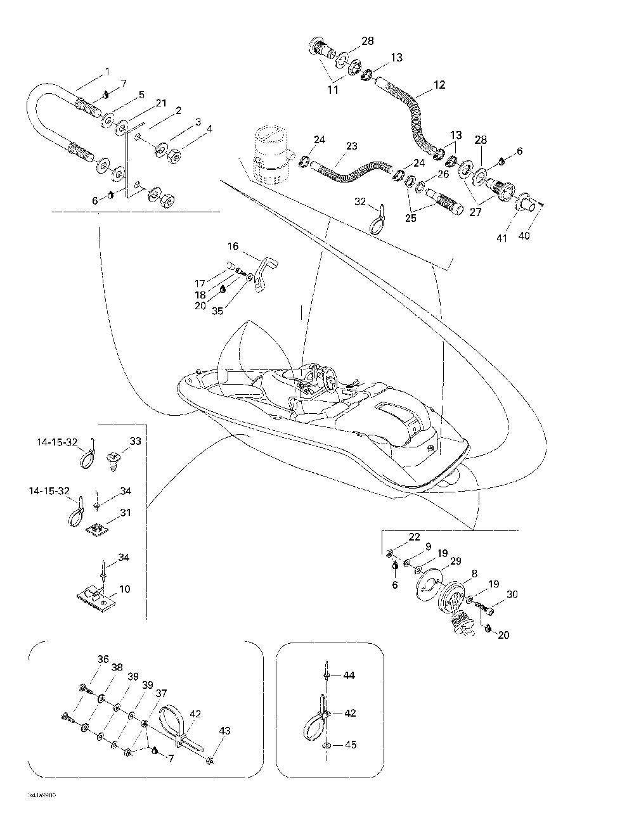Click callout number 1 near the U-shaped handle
(107, 71)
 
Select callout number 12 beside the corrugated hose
(439, 84)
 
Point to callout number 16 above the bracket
(233, 246)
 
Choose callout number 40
(525, 236)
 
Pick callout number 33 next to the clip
(135, 441)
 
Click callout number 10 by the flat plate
(125, 589)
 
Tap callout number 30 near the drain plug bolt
(512, 594)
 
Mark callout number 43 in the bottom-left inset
(225, 731)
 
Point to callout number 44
(349, 676)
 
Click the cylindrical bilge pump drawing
(271, 155)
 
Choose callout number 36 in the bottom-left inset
(103, 659)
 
